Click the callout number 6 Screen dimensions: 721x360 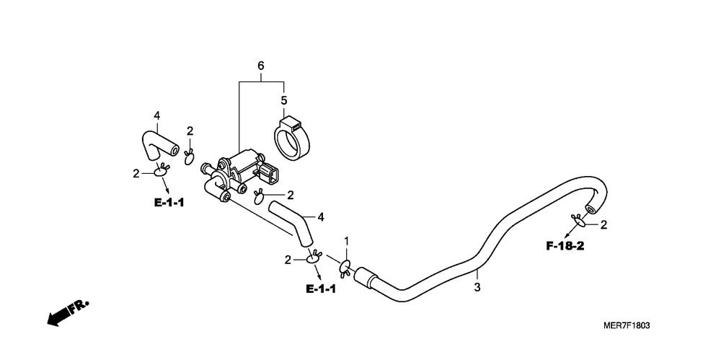coord(261,66)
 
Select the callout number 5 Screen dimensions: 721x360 coord(283,100)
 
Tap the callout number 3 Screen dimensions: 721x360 coord(477,288)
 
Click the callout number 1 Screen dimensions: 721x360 coord(347,241)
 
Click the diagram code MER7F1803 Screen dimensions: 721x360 coord(627,326)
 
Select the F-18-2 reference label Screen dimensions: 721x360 coord(565,246)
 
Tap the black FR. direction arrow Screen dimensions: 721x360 coord(68,314)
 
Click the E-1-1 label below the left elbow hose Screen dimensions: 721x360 coord(169,203)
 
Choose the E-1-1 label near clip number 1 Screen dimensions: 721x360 coord(321,289)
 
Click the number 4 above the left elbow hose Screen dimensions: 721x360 coord(156,116)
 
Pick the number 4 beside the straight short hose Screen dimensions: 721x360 coord(321,216)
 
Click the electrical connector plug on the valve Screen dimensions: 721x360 coord(268,175)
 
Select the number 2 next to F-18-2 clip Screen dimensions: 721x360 coord(603,224)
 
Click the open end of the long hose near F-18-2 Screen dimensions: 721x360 coord(589,209)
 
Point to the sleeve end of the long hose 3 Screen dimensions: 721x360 coord(367,277)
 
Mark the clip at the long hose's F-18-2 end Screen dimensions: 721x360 coord(578,221)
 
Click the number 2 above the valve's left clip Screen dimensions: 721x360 coord(190,131)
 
